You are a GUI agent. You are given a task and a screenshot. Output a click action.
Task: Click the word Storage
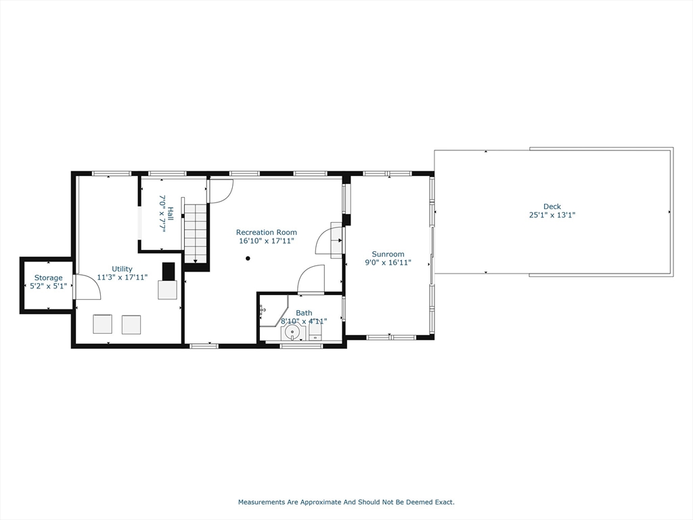pos(49,278)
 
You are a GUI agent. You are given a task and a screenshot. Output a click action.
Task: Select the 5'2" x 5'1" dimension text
pos(49,286)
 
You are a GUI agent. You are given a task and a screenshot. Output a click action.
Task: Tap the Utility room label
pos(122,269)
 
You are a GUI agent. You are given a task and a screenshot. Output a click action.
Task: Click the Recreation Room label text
pos(266,232)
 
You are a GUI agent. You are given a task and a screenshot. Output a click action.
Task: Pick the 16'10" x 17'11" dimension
pos(266,241)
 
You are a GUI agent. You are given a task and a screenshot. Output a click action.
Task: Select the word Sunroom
pos(388,255)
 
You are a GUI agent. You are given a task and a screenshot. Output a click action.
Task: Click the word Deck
pos(552,207)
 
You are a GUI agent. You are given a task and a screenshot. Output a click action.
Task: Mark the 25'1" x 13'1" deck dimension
pos(552,215)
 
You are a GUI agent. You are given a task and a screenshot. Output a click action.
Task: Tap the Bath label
pos(304,313)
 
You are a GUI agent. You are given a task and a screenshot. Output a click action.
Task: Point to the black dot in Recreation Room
pos(248,258)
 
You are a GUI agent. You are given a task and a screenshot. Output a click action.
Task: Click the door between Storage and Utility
pos(86,287)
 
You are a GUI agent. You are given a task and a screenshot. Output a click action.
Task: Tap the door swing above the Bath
pos(311,279)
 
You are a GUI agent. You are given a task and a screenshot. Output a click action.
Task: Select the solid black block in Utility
pos(169,271)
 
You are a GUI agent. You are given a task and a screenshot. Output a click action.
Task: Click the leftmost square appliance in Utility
pos(103,324)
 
